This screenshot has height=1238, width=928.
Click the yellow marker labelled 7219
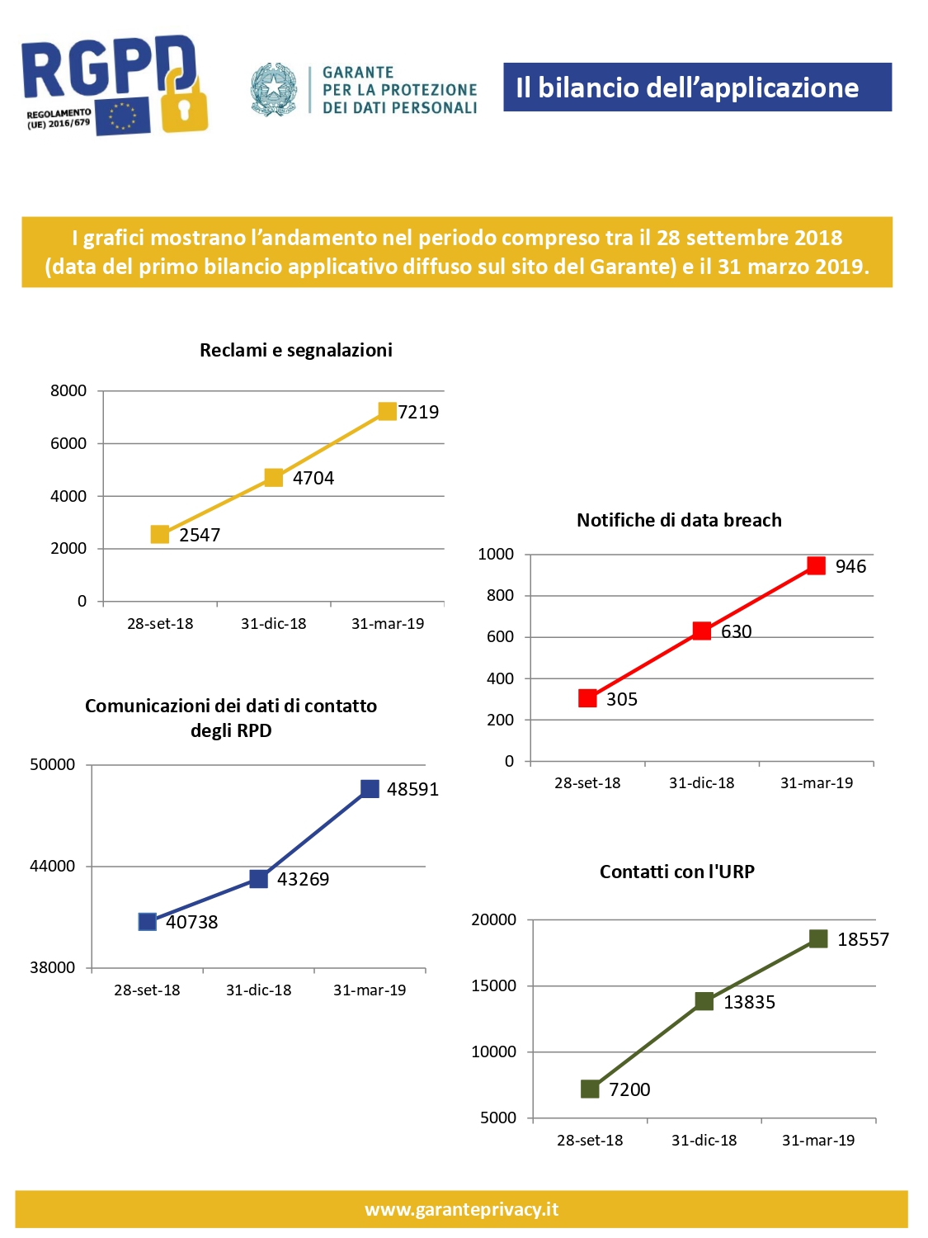pos(387,411)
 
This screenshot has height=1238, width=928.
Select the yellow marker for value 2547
pos(160,535)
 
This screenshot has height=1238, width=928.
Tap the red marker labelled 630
pos(701,631)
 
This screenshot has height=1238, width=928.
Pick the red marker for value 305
pos(587,698)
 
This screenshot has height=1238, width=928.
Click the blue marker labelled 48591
pos(370,789)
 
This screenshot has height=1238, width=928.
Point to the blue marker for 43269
pos(258,879)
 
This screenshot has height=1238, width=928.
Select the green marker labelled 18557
pos(818,939)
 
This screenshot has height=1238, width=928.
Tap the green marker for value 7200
pos(590,1089)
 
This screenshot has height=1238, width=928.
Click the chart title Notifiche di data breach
pos(679,520)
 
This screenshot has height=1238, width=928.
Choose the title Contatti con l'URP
pos(676,872)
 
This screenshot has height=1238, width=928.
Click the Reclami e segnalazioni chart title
pos(296,350)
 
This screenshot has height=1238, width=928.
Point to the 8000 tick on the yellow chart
pos(68,391)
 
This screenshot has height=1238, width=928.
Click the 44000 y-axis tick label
pos(52,866)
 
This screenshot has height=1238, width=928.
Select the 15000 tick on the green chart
pos(493,985)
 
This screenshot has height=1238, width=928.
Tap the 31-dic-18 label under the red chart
pos(701,783)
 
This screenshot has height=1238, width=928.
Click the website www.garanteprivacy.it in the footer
pos(462,1209)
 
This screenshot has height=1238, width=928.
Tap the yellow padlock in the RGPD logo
pos(183,103)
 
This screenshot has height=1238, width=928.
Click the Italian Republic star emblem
pos(273,88)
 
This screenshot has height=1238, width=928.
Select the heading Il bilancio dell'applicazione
pos(687,87)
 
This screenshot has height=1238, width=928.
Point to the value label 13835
pos(749,1002)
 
